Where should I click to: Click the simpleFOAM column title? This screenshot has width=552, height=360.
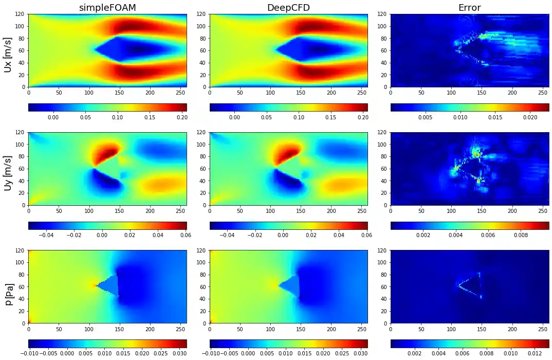pyautogui.click(x=107, y=8)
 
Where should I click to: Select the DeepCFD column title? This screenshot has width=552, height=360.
pyautogui.click(x=288, y=8)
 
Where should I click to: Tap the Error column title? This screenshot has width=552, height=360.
pyautogui.click(x=469, y=8)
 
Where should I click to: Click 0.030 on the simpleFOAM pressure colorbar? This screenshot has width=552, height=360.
pyautogui.click(x=179, y=353)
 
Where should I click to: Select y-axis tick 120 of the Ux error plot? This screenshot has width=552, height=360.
pyautogui.click(x=383, y=14)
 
